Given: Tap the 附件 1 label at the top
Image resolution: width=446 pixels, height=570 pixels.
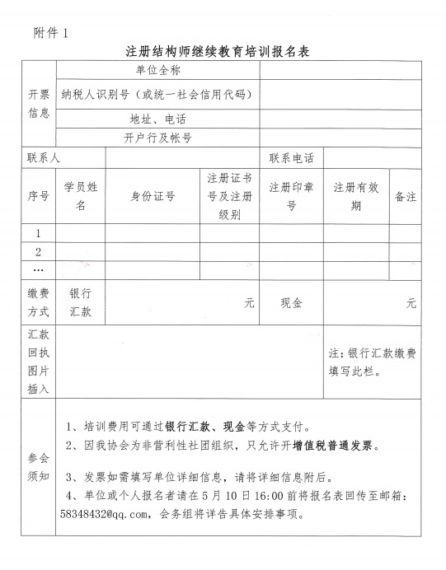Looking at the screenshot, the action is pos(52,32).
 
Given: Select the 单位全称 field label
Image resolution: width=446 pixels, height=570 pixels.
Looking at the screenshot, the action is pos(157,71).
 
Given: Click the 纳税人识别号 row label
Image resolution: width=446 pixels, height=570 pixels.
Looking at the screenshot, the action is pos(154,95).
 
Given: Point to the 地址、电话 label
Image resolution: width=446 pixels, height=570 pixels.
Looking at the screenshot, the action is pos(157,119).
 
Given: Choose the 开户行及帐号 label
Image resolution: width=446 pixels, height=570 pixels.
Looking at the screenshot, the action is pos(157,138).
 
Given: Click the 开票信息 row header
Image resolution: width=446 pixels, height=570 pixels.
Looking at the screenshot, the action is pos(40,104).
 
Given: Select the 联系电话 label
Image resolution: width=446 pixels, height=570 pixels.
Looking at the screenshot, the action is pos(291,157).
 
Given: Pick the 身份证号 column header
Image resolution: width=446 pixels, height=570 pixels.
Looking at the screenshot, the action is pos(153,196).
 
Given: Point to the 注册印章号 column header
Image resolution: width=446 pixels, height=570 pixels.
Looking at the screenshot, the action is pos(291,196).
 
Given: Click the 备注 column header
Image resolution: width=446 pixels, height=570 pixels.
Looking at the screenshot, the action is pos(406,196).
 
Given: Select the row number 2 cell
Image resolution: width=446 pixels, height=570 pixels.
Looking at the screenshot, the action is pos(39,251).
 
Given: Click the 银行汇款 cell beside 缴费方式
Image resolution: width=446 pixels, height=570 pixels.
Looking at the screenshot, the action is pos(80,302).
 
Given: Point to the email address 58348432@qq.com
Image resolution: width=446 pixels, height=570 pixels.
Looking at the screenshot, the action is pos(108,516).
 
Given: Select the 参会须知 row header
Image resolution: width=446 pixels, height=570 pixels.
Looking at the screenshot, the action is pos(40,467).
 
